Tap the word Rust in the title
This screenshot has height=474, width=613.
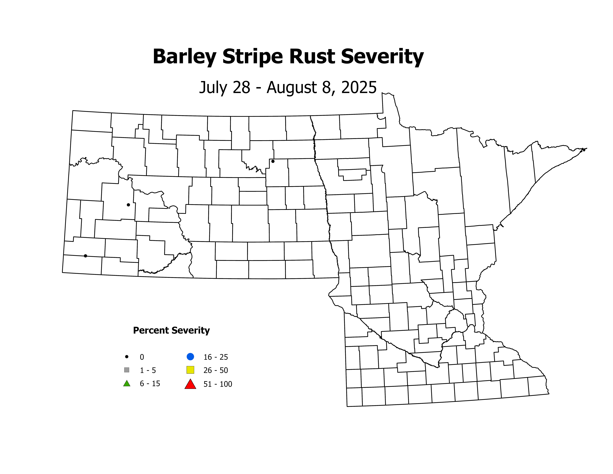312,57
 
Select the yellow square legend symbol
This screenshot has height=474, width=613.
190,370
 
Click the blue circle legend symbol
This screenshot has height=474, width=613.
190,357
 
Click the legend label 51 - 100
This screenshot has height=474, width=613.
218,384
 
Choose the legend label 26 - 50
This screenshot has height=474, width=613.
216,370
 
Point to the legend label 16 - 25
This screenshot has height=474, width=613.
216,357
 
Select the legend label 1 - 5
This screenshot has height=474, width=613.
148,370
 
